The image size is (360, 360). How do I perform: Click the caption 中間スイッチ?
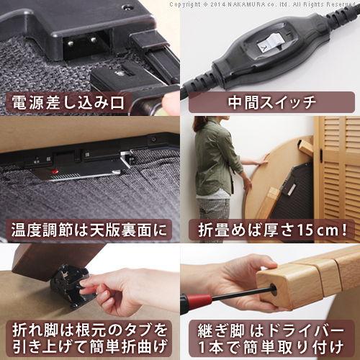(268, 102)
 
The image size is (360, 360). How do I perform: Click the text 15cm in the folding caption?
(317, 231)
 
